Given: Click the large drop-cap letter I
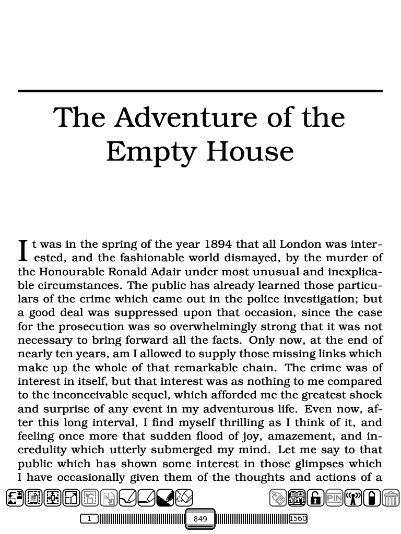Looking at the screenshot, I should (23, 250).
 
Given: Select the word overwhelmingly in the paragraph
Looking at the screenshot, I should (213, 326).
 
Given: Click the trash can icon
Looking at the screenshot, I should (391, 498).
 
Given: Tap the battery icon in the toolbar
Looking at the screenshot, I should (372, 498).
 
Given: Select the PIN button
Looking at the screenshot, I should (334, 498).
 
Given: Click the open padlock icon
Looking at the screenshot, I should (315, 498).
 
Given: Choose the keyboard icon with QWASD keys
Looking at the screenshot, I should (297, 498).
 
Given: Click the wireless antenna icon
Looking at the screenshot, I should (353, 498).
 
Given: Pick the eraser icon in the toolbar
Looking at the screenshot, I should (184, 498).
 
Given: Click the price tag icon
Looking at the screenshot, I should (278, 498).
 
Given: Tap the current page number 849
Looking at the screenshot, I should (200, 519).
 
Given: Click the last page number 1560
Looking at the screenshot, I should (298, 518).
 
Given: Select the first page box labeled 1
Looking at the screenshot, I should (89, 518).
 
